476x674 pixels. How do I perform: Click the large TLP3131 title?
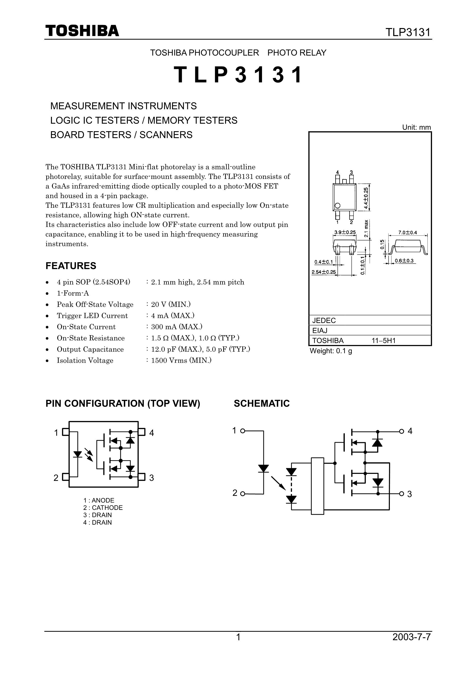[238, 75]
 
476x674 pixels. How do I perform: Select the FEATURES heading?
[71, 266]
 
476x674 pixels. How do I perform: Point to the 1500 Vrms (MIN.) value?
[181, 360]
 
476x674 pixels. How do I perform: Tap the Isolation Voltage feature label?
[85, 360]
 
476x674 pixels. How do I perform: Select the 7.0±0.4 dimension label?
[407, 233]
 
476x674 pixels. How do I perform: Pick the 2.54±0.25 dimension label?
[324, 272]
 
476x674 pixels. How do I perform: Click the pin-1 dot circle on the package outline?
[337, 206]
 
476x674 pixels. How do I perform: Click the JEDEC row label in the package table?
[324, 320]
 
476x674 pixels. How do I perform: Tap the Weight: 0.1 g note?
[331, 351]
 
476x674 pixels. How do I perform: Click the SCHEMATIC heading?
[262, 403]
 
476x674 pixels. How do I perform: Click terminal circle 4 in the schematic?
[401, 431]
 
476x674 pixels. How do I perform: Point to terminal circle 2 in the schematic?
[243, 494]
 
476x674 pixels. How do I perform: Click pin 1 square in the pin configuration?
[66, 432]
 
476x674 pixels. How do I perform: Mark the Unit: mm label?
[416, 127]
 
